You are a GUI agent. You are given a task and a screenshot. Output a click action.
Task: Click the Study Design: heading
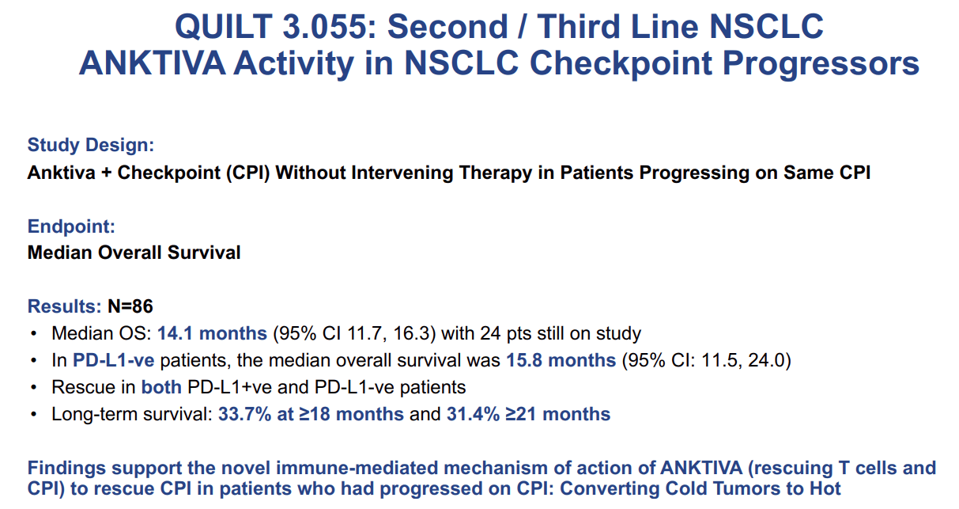click(x=90, y=145)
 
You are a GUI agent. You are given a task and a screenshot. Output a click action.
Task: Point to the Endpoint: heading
click(x=71, y=226)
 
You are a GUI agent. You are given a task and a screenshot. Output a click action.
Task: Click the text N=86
click(x=130, y=306)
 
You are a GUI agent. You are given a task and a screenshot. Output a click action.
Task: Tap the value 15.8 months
click(x=561, y=360)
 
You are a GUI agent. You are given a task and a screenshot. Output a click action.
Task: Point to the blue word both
click(x=161, y=387)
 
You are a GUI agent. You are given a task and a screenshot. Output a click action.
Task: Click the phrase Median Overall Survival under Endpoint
click(x=134, y=253)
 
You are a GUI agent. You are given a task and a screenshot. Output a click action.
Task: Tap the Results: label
click(x=64, y=306)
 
